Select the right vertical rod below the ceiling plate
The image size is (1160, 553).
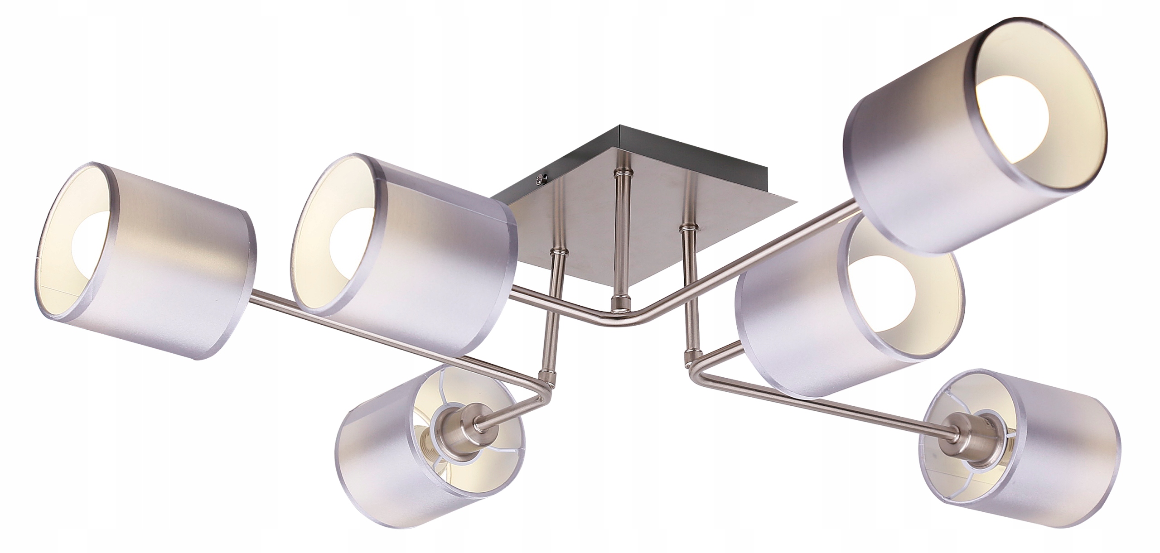689,290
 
